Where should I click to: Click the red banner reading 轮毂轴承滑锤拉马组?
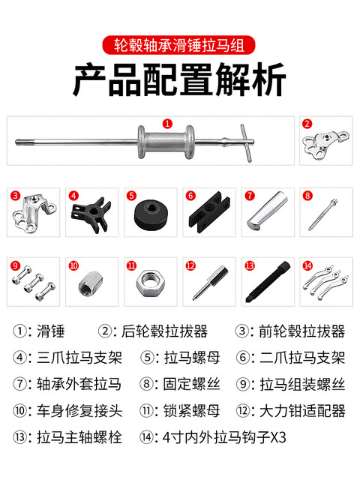179,44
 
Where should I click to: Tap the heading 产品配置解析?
179,82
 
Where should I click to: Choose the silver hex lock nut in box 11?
149,283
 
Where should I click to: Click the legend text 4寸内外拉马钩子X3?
217,436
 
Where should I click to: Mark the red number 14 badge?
307,265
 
